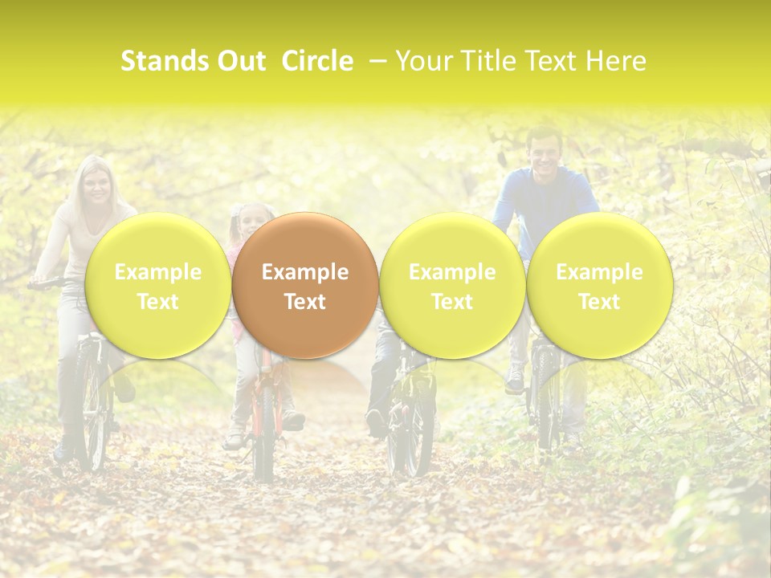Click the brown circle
pos(304,286)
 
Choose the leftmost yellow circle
pos(157,286)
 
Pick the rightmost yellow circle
pos(599,286)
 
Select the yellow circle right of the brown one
pos(452,286)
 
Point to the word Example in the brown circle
pos(304,272)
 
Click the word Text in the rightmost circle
pos(599,302)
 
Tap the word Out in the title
pos(240,61)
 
